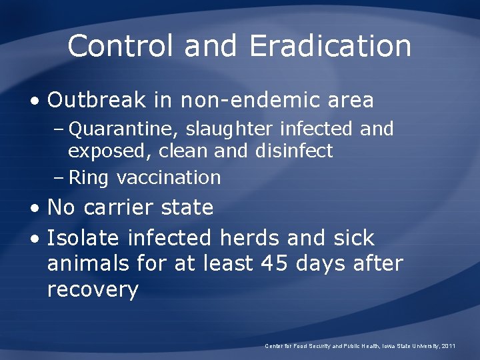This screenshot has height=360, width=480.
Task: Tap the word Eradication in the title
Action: (x=330, y=46)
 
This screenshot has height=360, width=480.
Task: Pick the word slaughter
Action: (x=231, y=129)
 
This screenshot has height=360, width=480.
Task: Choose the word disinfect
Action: (x=293, y=151)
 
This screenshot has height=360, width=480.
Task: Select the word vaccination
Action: (x=168, y=177)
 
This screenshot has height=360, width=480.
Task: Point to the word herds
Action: (x=247, y=237)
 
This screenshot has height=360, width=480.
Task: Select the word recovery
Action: (x=93, y=291)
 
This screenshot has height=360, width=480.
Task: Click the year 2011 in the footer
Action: (x=448, y=346)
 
